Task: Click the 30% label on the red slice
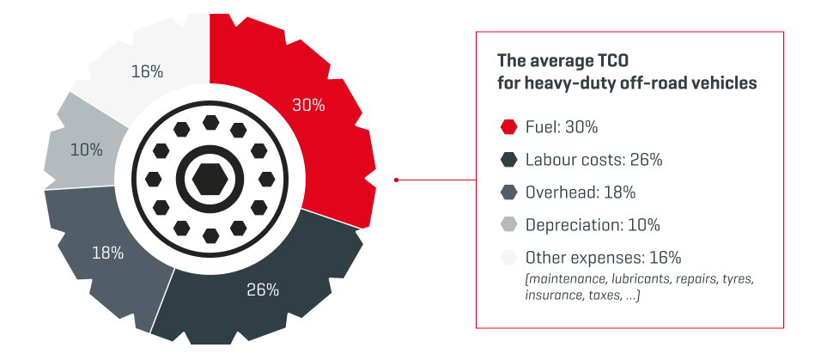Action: pyautogui.click(x=308, y=106)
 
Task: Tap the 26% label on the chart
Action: pyautogui.click(x=263, y=290)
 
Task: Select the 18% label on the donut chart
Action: pyautogui.click(x=108, y=253)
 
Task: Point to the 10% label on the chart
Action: pyautogui.click(x=86, y=149)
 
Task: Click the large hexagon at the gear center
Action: pyautogui.click(x=210, y=180)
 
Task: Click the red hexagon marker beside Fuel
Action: pyautogui.click(x=508, y=127)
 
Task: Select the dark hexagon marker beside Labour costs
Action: pyautogui.click(x=508, y=160)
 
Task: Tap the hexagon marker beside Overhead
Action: pyautogui.click(x=508, y=192)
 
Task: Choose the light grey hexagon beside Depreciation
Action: pyautogui.click(x=508, y=225)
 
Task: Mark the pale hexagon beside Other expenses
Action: pyautogui.click(x=508, y=258)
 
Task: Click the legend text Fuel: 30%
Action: pyautogui.click(x=561, y=127)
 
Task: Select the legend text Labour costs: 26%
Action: pyautogui.click(x=593, y=160)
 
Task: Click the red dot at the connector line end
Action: pyautogui.click(x=396, y=180)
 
